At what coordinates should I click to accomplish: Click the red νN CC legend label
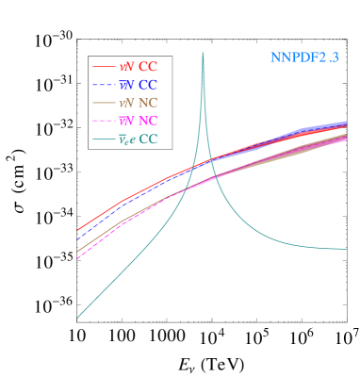tap(138, 67)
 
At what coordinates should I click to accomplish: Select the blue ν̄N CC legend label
tap(138, 85)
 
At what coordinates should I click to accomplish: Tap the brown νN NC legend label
tap(138, 103)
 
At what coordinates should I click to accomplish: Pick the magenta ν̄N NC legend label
tap(138, 121)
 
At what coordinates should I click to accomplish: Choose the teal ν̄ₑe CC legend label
tap(138, 139)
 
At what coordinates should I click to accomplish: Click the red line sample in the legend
tap(104, 67)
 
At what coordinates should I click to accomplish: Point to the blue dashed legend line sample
tap(104, 85)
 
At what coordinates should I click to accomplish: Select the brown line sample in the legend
tap(104, 103)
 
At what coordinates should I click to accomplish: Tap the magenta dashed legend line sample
tap(104, 121)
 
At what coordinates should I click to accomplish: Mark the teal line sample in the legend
tap(104, 139)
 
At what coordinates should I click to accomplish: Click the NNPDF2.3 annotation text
tap(303, 57)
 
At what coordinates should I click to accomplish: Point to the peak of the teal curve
tap(203, 54)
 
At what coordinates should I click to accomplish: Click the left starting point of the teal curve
tap(77, 318)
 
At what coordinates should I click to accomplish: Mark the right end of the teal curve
tap(346, 249)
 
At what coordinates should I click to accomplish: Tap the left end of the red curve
tap(77, 230)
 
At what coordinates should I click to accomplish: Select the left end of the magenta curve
tap(77, 258)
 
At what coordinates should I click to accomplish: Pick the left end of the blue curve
tap(77, 239)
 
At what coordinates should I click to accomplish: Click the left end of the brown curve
tap(77, 253)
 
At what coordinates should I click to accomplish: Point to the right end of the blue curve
tap(346, 123)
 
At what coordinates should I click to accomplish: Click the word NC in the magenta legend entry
tap(148, 121)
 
